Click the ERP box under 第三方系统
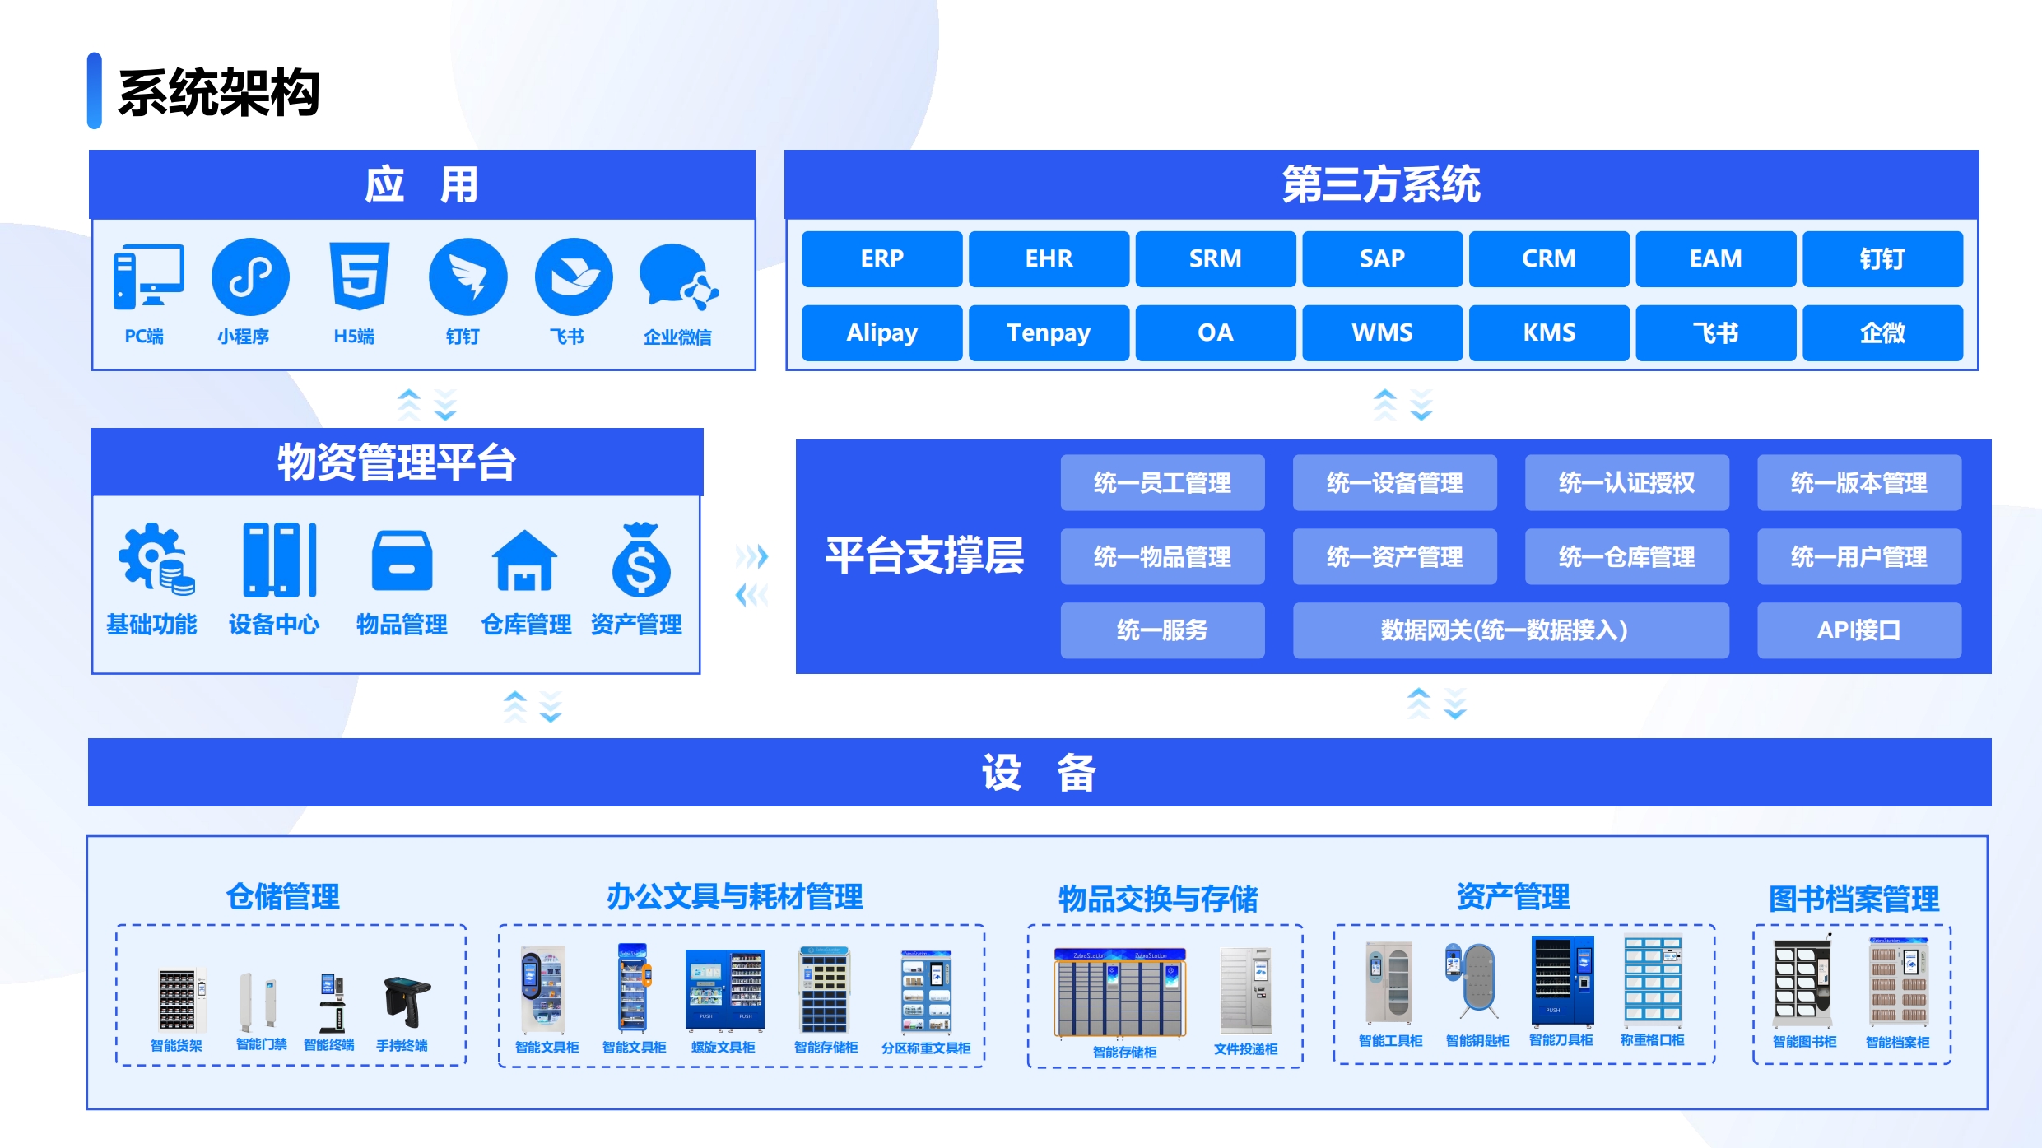(881, 258)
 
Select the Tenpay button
(1049, 332)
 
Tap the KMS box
(1549, 332)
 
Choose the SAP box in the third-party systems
(1382, 258)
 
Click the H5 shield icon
(359, 276)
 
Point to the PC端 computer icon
(148, 277)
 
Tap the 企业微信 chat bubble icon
(678, 277)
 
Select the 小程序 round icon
(250, 277)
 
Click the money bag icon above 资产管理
(640, 560)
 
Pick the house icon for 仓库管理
(524, 560)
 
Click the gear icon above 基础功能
(156, 559)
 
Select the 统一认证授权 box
(1626, 482)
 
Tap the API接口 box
(1858, 630)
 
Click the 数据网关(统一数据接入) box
(1510, 630)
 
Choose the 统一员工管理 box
(1162, 482)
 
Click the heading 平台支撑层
(924, 555)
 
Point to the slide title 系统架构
(219, 92)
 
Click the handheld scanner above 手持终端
(407, 1002)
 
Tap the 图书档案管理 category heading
(1854, 899)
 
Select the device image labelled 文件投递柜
(1246, 990)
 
